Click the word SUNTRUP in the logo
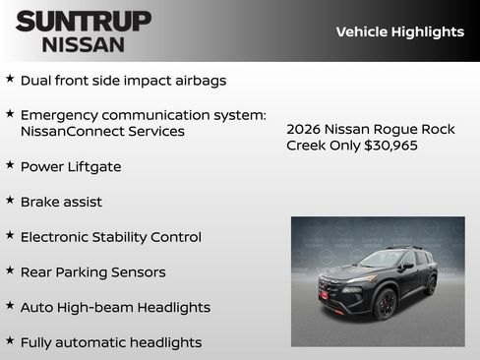click(x=84, y=21)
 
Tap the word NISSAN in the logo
click(x=84, y=43)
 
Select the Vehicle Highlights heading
click(x=399, y=31)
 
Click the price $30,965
click(x=390, y=146)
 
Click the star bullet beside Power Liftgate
click(x=10, y=165)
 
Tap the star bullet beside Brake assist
click(x=10, y=201)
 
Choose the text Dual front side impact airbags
click(x=123, y=80)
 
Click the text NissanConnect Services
click(x=102, y=131)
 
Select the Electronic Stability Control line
click(x=110, y=237)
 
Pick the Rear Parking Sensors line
click(x=92, y=272)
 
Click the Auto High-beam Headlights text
click(x=115, y=308)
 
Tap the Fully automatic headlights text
click(x=110, y=342)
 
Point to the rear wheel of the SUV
click(x=431, y=285)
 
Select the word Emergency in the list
click(x=58, y=115)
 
